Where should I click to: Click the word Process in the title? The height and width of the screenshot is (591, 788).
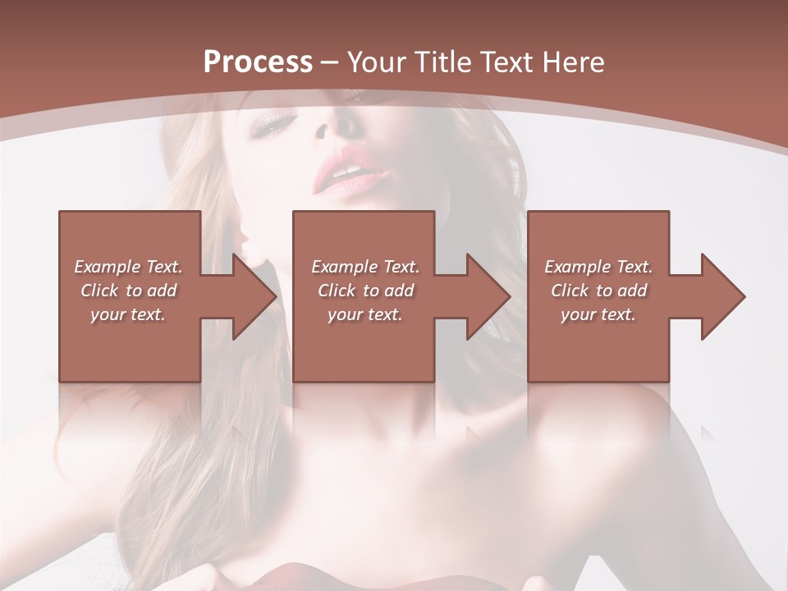coord(258,62)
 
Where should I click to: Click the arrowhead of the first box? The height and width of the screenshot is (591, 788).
coord(251,296)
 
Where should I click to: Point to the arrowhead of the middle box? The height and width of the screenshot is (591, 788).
coord(485,296)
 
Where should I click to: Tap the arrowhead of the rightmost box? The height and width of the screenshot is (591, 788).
coord(720,296)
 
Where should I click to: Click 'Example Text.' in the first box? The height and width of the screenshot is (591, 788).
coord(128,267)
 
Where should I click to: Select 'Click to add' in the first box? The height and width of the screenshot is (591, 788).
coord(128,291)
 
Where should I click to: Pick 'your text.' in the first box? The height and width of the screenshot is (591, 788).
coord(128,314)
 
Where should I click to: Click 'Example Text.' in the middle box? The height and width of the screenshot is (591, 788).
coord(365,267)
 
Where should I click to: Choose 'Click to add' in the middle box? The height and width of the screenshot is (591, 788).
coord(365,291)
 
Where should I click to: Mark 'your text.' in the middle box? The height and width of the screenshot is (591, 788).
coord(365,314)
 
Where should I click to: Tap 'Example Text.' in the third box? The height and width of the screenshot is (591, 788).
coord(598,267)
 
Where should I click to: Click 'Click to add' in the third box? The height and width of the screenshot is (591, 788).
coord(598,291)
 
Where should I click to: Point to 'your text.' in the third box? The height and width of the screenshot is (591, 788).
coord(598,314)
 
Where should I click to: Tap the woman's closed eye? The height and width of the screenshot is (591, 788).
coord(277,124)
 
